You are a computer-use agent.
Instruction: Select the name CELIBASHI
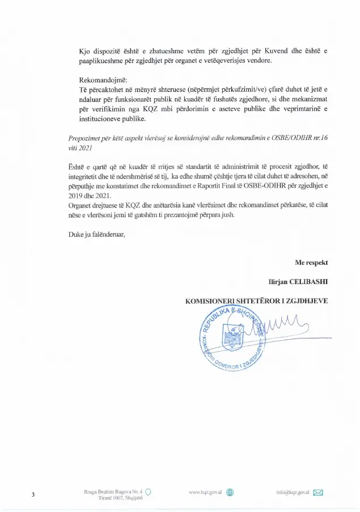point(310,281)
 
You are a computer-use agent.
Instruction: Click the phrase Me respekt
point(311,263)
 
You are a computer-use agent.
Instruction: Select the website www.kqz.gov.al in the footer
point(205,492)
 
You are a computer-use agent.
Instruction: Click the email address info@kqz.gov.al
point(291,492)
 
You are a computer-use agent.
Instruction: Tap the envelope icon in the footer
point(317,492)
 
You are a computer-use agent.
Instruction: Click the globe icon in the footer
point(230,492)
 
